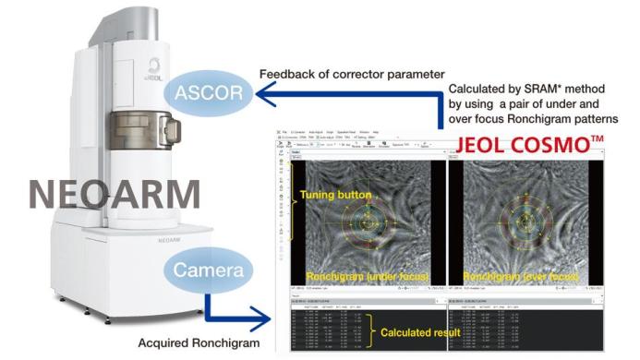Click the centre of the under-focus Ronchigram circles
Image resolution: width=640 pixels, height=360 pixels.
(x=369, y=221)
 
